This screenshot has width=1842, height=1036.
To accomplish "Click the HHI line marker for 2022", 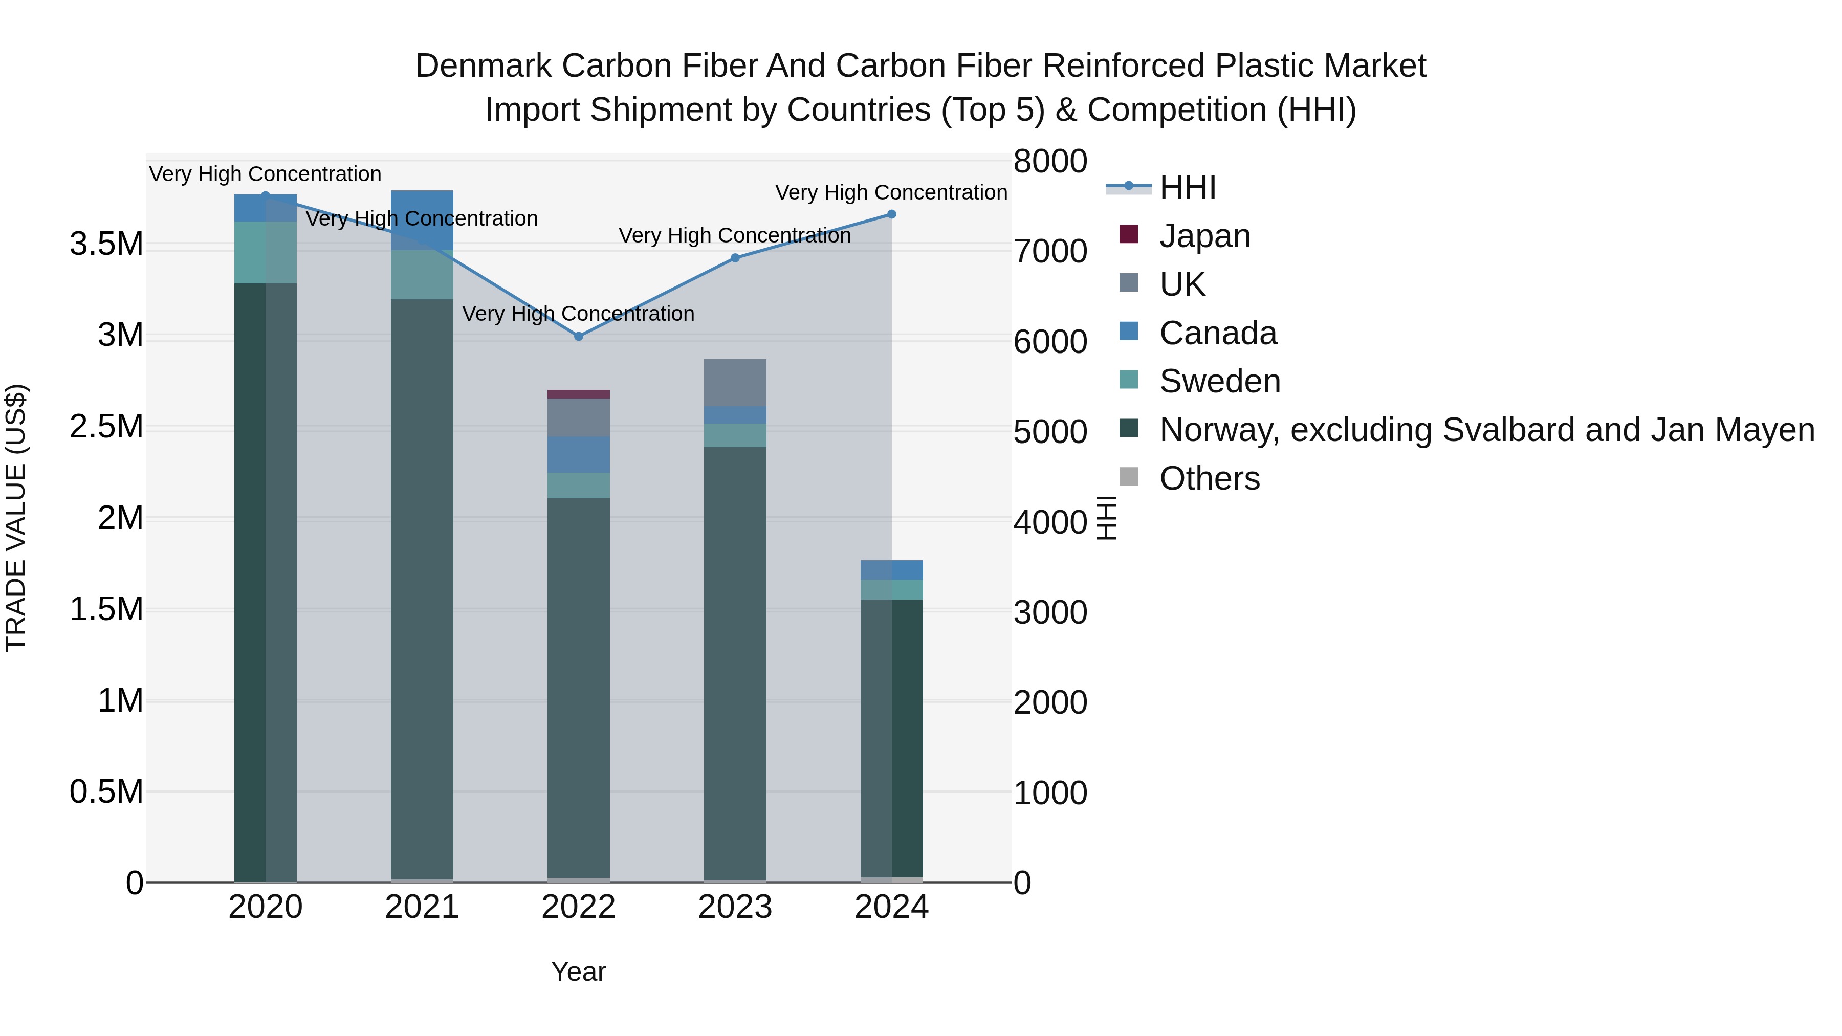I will (579, 336).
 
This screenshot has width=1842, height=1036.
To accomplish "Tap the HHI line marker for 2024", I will (892, 214).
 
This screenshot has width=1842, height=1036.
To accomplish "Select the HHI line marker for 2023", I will (735, 258).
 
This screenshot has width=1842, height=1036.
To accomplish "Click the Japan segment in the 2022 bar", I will (579, 394).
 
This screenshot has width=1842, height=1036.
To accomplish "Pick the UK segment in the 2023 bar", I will (735, 383).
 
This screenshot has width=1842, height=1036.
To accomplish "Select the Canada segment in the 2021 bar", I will (422, 220).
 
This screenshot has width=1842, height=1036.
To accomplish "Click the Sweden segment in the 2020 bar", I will (265, 252).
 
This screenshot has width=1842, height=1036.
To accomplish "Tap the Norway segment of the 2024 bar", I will (892, 736).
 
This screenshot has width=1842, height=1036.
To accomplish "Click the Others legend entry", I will (1209, 478).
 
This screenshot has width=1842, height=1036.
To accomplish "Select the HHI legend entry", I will (1187, 187).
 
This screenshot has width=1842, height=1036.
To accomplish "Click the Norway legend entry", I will (1486, 430).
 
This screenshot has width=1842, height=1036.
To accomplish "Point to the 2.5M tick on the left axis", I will (106, 427).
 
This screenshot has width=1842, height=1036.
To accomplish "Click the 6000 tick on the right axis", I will (1050, 342).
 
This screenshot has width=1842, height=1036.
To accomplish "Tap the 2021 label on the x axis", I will (422, 907).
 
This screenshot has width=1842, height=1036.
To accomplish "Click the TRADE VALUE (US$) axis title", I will (16, 518).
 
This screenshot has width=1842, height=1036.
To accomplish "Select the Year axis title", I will (579, 972).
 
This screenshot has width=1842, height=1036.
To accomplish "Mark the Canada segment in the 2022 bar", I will (579, 455).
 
